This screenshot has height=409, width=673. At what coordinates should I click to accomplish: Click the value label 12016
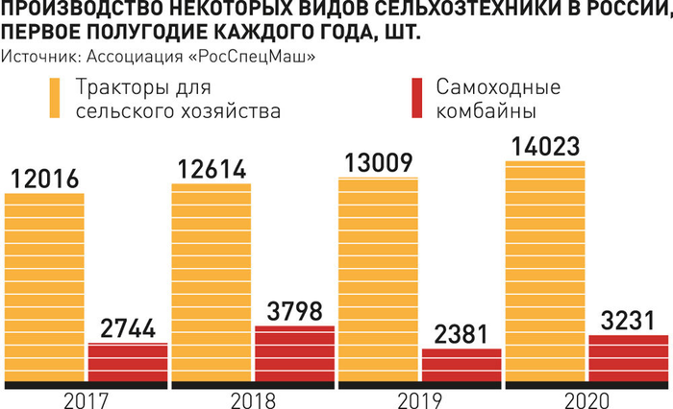(x=44, y=178)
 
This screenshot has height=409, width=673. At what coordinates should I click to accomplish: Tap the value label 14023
(x=544, y=147)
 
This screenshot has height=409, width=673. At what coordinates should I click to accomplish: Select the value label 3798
(x=294, y=312)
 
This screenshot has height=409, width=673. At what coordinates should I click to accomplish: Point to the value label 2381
(x=461, y=334)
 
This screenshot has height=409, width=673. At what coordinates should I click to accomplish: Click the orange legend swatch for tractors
(x=56, y=99)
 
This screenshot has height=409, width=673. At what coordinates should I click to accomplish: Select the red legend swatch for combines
(x=417, y=99)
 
